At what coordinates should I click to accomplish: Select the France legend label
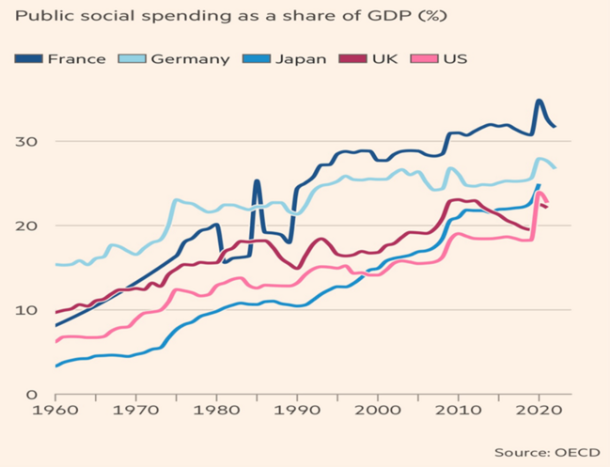76,58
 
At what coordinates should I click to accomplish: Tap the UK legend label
384,58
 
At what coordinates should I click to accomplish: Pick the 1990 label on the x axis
297,412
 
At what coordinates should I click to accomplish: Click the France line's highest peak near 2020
539,101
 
